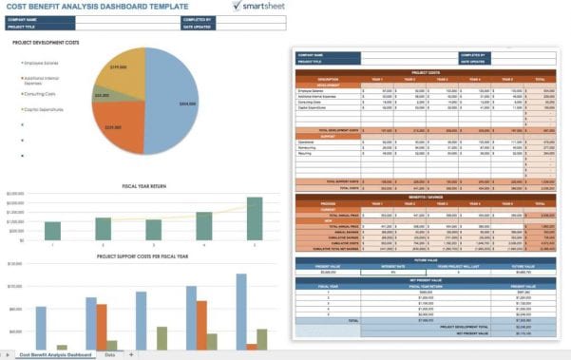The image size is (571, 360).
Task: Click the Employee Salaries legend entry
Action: (43, 63)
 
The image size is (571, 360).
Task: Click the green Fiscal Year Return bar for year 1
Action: (53, 231)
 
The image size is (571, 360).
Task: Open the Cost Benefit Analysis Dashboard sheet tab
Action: (53, 354)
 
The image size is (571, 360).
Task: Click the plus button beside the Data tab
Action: (131, 354)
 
